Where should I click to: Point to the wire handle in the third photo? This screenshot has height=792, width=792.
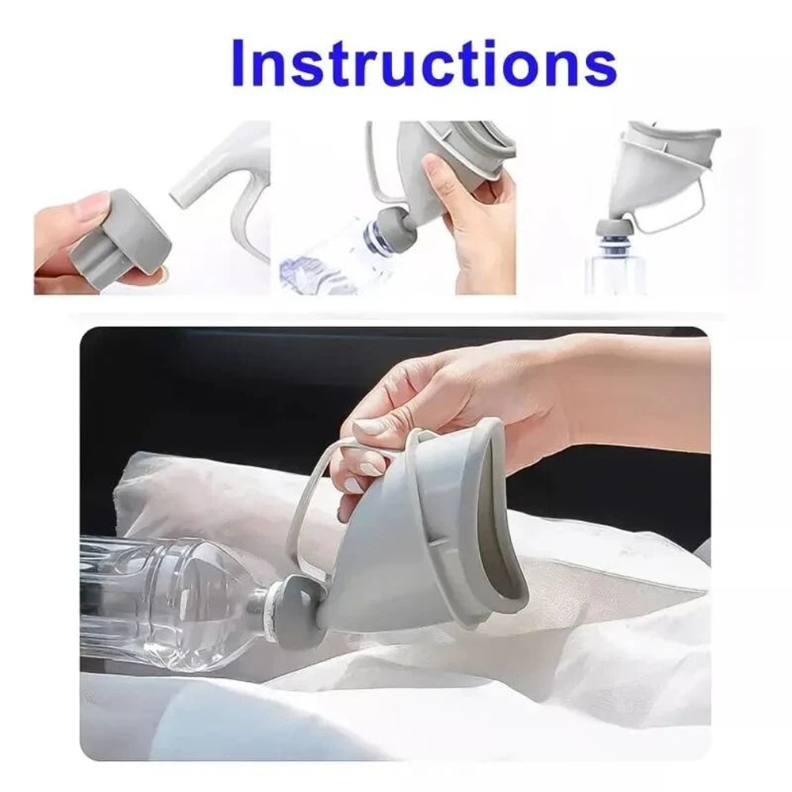(x=681, y=210)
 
